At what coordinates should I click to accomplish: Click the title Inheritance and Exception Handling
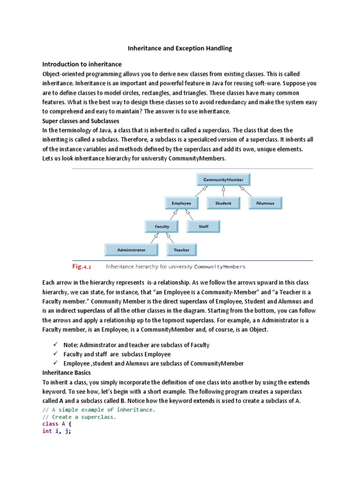coord(180,48)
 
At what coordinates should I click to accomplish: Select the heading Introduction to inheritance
coord(82,64)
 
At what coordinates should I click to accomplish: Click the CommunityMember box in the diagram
coord(223,179)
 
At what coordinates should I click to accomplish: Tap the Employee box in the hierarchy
coord(181,203)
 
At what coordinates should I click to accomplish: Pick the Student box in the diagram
coord(223,203)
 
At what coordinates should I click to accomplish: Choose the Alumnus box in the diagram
coord(265,203)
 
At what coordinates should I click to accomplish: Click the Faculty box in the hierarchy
coord(162,226)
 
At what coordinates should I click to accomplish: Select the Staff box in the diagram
coord(203,226)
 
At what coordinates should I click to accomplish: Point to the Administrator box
coord(131,250)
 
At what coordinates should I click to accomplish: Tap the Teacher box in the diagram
coord(181,250)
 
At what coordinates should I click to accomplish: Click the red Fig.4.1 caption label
coord(81,267)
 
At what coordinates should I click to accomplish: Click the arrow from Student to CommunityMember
coord(224,191)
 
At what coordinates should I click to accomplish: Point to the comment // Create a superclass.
coord(79,417)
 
